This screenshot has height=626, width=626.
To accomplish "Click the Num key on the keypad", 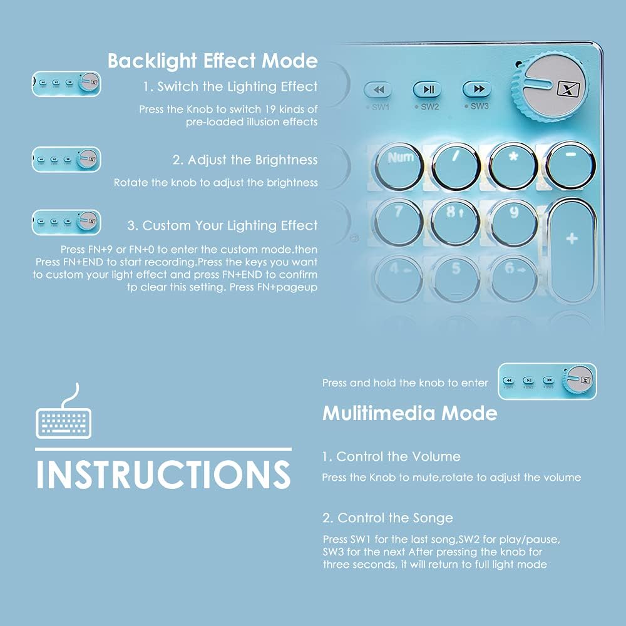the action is pyautogui.click(x=399, y=166).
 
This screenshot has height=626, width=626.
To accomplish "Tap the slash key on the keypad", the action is pyautogui.click(x=456, y=166).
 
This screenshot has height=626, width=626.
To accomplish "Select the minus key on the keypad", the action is pyautogui.click(x=571, y=166).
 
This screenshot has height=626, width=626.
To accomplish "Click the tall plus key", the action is pyautogui.click(x=572, y=250).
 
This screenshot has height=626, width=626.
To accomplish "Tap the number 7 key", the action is pyautogui.click(x=399, y=222).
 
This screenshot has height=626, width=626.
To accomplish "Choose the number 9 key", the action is pyautogui.click(x=513, y=222).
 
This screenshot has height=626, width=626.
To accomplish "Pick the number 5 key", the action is pyautogui.click(x=456, y=279).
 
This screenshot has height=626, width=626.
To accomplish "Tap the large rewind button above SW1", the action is pyautogui.click(x=378, y=90).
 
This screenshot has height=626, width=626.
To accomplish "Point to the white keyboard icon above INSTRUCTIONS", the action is pyautogui.click(x=63, y=411).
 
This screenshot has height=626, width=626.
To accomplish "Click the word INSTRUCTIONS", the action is pyautogui.click(x=163, y=475).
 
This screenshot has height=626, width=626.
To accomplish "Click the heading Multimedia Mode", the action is pyautogui.click(x=409, y=413).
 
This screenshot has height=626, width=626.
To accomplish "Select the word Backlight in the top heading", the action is pyautogui.click(x=153, y=61).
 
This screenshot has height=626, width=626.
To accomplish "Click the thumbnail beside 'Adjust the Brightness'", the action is pyautogui.click(x=66, y=159).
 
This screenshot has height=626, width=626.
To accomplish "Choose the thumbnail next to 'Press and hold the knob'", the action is pyautogui.click(x=547, y=381).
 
